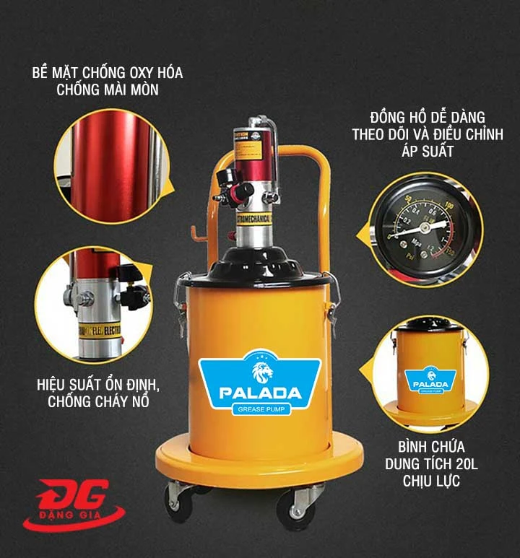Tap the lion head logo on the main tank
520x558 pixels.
(259, 370)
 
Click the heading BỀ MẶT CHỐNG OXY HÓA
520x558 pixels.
(108, 74)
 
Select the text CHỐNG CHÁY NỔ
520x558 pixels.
(98, 401)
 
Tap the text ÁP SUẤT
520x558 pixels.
(431, 151)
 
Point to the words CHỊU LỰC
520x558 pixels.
(431, 481)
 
